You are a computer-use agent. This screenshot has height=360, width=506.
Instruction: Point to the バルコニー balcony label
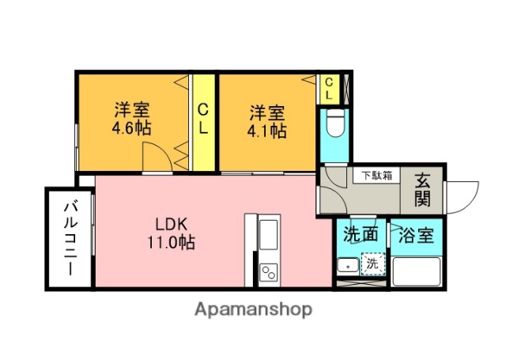[70, 237]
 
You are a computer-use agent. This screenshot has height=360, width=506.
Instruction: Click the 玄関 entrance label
[422, 189]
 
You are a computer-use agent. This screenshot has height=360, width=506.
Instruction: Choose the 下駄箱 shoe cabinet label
[377, 176]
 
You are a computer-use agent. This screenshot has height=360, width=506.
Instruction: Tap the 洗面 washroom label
[361, 235]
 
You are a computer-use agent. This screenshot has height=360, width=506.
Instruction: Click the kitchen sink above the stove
[267, 237]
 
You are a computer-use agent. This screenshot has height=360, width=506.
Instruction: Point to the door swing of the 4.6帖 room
[156, 159]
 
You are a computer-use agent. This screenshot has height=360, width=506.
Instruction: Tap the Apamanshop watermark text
[253, 309]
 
